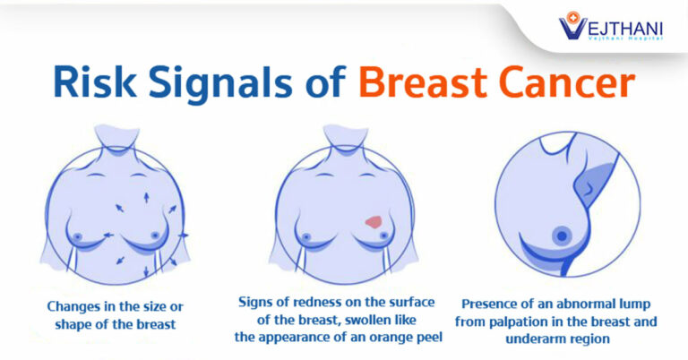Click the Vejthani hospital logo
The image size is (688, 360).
click(x=610, y=26)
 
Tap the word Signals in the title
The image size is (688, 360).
click(x=220, y=84)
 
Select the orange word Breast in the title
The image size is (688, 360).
click(x=422, y=82)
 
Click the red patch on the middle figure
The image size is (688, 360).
click(x=374, y=222)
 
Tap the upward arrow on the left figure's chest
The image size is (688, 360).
click(x=146, y=197)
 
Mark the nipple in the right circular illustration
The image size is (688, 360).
click(x=562, y=236)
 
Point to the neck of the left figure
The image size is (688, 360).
click(x=117, y=141)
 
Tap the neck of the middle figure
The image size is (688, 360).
click(x=346, y=141)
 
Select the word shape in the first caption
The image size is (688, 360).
click(x=73, y=325)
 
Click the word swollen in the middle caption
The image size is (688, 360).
click(x=369, y=320)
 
